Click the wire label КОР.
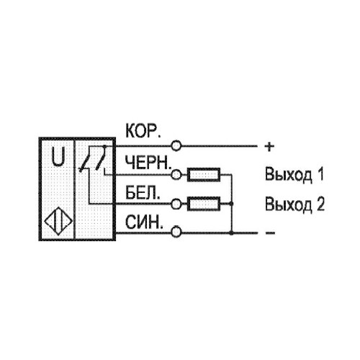(x=143, y=131)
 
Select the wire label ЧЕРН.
(x=149, y=163)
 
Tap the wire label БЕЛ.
(x=143, y=193)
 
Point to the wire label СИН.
(x=144, y=222)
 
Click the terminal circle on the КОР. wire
(x=176, y=145)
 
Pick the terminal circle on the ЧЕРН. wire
(x=176, y=174)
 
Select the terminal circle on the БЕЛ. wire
(x=176, y=204)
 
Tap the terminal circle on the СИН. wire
(x=176, y=233)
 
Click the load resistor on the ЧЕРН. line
(x=204, y=174)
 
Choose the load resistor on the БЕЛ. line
(x=204, y=204)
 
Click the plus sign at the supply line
(x=269, y=146)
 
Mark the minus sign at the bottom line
(x=270, y=233)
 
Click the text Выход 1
(x=294, y=174)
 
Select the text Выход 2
(x=294, y=204)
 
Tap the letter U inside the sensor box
(x=58, y=157)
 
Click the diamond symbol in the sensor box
(x=58, y=221)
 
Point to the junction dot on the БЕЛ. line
(x=231, y=204)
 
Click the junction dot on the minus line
(x=231, y=233)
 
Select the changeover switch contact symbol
(x=93, y=159)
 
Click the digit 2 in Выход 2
(x=319, y=204)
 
